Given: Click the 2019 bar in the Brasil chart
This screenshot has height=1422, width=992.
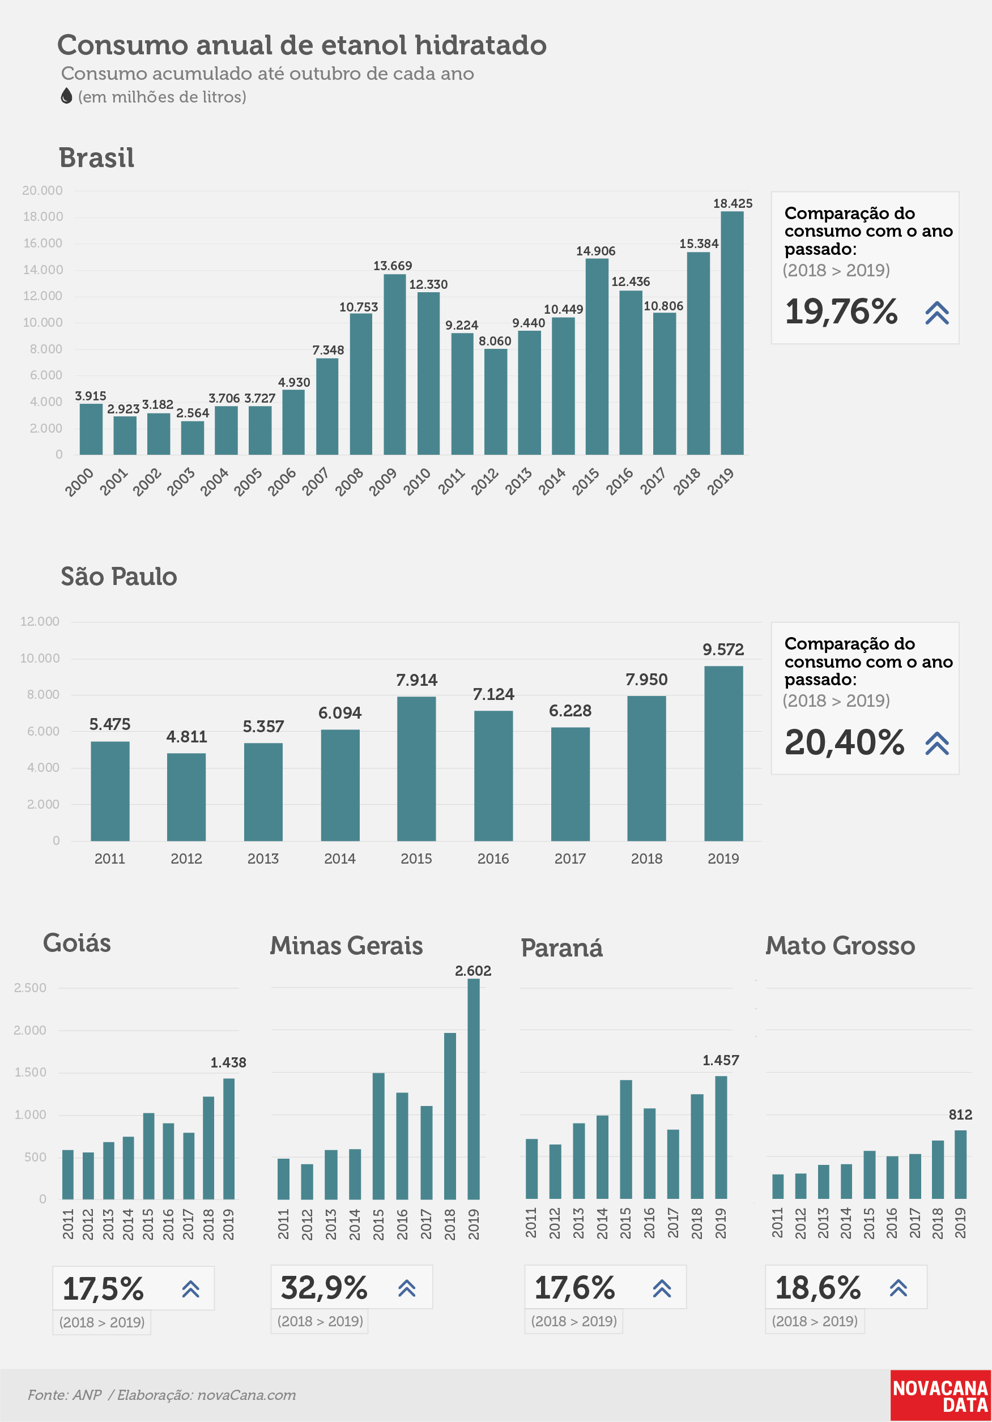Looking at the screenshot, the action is pos(732,333).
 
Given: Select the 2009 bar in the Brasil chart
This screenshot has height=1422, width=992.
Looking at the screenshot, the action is pos(395,364).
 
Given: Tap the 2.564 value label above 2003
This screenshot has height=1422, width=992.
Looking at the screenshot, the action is pos(193,412).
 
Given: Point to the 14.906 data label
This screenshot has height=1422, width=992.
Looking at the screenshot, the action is pos(595,251).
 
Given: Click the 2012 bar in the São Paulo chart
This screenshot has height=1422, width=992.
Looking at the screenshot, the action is pos(186,797).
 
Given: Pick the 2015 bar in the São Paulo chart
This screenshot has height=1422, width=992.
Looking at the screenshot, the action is pos(416,768).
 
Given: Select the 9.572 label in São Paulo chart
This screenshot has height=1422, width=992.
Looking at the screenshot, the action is pos(723,649).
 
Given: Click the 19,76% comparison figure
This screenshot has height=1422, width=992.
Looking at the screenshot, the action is pos(841,311).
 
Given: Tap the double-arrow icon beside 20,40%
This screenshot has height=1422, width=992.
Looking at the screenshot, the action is pos(937,743).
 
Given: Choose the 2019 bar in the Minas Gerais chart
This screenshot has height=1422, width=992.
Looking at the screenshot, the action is pos(474,1089).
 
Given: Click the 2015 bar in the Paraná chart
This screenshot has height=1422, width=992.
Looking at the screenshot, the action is pos(626,1139).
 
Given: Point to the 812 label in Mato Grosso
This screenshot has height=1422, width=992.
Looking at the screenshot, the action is pos(960,1115).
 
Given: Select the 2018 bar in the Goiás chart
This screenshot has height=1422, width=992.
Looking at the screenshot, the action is pos(209,1148).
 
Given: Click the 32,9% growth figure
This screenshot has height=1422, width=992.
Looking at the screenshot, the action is pos(324,1288).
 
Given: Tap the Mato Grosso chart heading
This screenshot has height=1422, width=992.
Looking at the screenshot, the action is pos(840,946).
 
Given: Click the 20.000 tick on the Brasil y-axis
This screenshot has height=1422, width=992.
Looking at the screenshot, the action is pos(42,191).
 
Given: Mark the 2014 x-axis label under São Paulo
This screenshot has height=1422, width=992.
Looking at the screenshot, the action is pos(339,859).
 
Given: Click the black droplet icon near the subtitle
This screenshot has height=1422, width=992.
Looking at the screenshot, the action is pos(66,96).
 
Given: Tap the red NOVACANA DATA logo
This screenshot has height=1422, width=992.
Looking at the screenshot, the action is pos(940,1396).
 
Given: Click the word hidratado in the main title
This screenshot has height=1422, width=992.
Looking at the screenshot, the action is pos(480,45).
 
